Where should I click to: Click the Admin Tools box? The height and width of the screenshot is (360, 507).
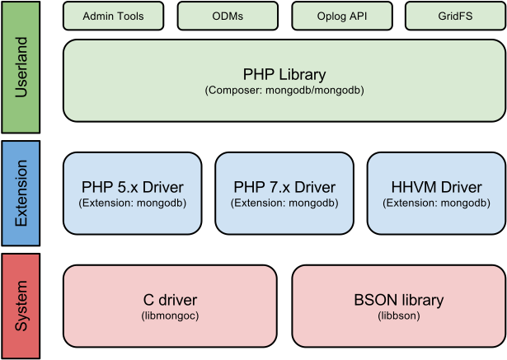[114, 16]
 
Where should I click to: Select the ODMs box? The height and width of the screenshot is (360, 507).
[228, 16]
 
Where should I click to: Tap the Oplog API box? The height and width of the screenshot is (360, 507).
[342, 16]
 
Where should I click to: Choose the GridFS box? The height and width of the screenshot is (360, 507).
[456, 16]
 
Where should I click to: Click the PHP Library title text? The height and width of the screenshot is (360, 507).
[284, 75]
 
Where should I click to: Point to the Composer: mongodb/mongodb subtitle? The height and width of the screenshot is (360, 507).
[284, 90]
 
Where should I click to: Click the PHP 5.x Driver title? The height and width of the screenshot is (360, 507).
[133, 186]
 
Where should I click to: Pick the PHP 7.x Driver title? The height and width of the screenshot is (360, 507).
[284, 186]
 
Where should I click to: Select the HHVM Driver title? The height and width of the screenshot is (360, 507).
[436, 186]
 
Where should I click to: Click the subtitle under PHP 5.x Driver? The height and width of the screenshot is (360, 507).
[133, 202]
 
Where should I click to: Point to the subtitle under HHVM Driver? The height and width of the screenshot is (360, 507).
[436, 202]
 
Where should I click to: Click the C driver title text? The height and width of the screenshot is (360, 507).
[170, 300]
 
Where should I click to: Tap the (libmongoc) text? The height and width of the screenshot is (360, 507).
[170, 315]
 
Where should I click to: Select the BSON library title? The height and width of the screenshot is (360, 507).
[399, 300]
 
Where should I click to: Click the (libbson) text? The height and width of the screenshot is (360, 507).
[399, 315]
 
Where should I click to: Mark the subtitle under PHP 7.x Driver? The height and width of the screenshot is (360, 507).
[284, 202]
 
